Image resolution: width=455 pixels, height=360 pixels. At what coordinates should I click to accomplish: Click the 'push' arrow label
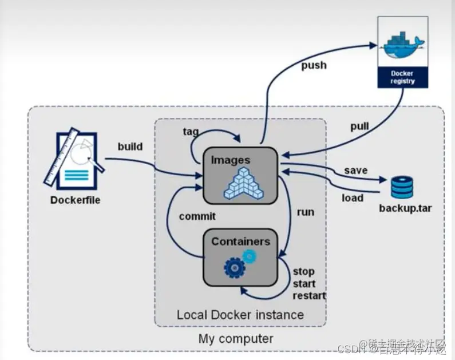pos(314,65)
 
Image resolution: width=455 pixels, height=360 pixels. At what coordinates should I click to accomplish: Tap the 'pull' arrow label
pos(359,126)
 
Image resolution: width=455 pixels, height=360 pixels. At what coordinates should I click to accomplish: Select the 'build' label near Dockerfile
pos(130,147)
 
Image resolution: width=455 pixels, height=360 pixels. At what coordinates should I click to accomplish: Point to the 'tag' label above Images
pos(191,132)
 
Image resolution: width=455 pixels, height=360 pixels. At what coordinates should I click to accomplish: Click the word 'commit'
pos(197,216)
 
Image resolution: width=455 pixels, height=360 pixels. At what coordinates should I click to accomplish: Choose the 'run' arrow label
pos(305,212)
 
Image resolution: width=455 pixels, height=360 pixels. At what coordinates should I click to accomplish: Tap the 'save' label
pos(355,171)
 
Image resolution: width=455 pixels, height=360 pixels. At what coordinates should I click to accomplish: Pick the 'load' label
pos(353,198)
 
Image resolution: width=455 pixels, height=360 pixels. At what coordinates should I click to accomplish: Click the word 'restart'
pos(309,296)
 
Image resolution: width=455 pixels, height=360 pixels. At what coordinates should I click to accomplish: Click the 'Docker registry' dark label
pos(402,77)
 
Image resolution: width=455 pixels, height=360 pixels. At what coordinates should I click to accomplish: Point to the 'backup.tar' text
pos(405,208)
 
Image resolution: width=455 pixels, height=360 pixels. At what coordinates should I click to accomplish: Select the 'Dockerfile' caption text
pos(75,200)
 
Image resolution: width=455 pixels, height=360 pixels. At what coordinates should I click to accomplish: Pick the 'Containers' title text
pos(240,241)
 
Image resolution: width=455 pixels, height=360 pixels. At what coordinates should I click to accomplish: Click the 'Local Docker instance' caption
pos(240,315)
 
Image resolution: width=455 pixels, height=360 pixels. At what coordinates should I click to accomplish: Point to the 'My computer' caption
pos(236,338)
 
